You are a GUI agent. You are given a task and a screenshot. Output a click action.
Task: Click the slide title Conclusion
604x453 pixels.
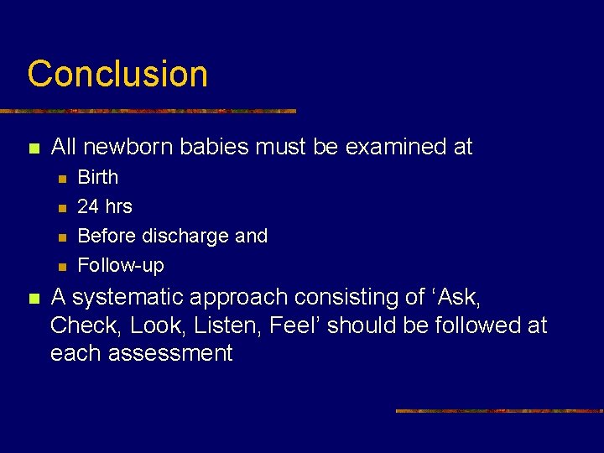point(117,74)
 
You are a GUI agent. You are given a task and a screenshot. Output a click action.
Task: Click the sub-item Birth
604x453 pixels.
point(98,177)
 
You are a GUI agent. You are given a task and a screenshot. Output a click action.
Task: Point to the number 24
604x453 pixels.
point(88,206)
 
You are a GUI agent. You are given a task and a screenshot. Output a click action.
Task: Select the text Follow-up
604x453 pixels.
point(121,266)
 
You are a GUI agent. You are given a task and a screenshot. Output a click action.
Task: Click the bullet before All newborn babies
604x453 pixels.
point(34,148)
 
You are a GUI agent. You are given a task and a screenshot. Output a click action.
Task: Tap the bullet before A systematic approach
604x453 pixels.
point(34,299)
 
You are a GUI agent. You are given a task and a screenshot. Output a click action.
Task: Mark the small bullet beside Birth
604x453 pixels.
point(60,179)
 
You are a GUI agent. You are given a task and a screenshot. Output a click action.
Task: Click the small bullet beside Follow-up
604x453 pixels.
point(60,267)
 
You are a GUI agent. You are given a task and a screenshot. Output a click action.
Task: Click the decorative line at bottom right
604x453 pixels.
point(499,411)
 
